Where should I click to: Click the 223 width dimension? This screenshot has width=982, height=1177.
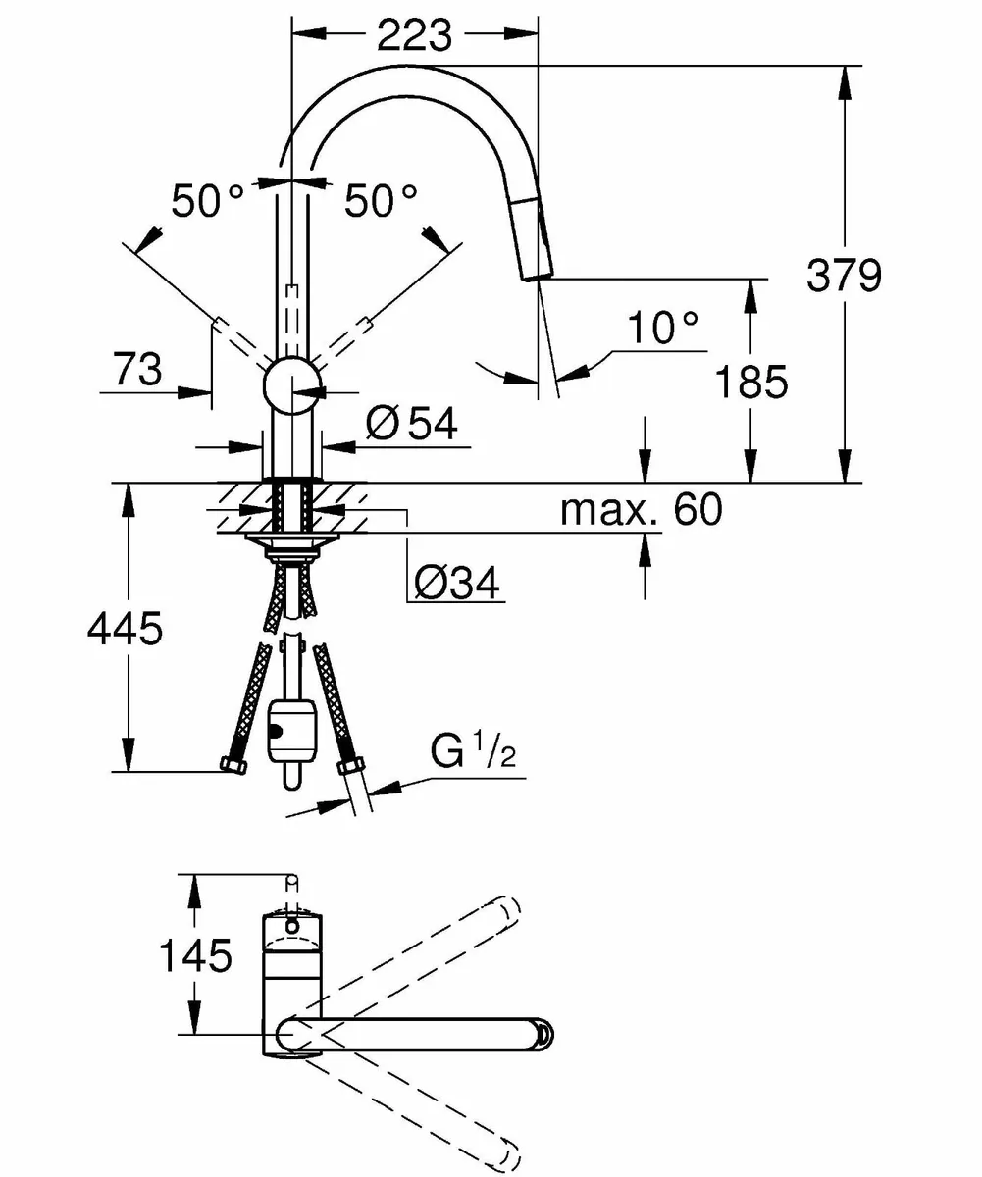(414, 35)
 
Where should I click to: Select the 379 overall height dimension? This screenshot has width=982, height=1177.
(844, 276)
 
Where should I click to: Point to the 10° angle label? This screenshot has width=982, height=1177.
(663, 328)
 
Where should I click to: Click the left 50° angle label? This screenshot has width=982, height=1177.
(207, 202)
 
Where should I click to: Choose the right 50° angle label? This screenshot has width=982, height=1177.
(381, 202)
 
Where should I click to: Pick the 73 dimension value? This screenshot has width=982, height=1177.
(137, 371)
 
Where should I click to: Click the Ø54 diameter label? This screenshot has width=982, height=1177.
(412, 425)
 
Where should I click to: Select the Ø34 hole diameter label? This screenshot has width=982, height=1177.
(456, 584)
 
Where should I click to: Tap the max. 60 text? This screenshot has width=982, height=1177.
(640, 509)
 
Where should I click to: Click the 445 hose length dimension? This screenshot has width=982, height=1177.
(125, 629)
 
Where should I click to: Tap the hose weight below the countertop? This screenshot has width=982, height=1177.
(291, 731)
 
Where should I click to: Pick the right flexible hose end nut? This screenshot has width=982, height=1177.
(346, 767)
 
